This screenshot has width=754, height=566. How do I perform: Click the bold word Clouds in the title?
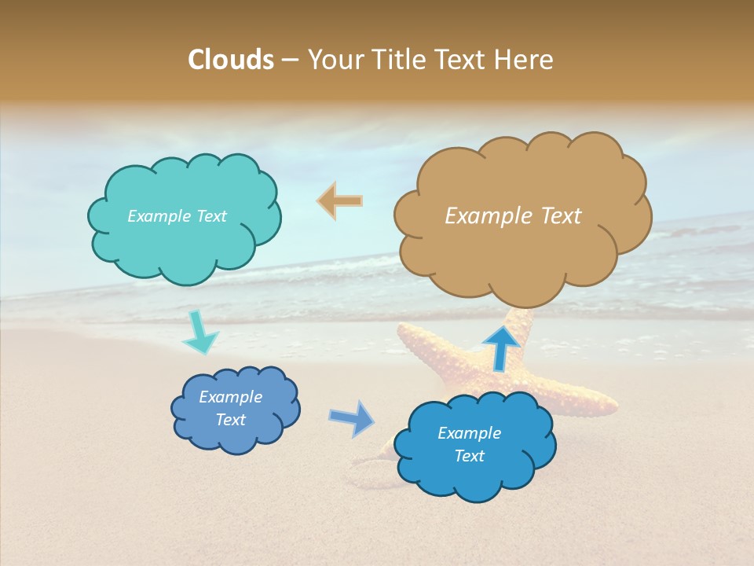click(x=231, y=60)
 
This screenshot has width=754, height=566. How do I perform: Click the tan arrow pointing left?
click(x=340, y=201)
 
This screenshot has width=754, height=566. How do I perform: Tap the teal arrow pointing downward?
click(x=199, y=335)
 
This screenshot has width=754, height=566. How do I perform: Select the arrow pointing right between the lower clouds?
click(x=352, y=418)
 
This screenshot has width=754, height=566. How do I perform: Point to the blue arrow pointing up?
click(x=500, y=347)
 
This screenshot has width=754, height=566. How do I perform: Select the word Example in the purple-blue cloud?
click(x=231, y=397)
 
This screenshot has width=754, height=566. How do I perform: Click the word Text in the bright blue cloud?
click(x=469, y=456)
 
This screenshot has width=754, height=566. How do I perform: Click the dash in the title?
click(x=290, y=61)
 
